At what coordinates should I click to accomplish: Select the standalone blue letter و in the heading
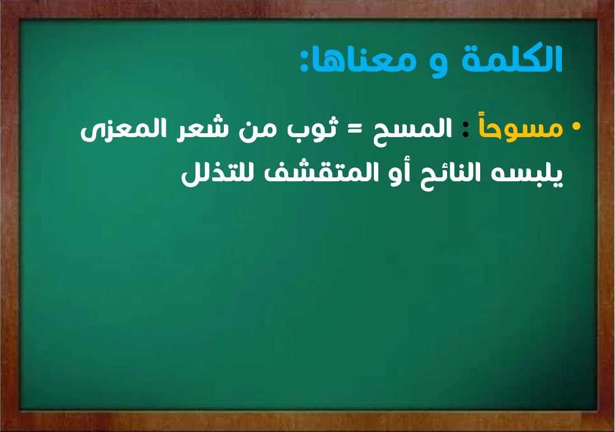click(x=439, y=65)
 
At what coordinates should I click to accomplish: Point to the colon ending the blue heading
click(x=305, y=60)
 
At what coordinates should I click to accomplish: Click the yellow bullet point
click(x=576, y=126)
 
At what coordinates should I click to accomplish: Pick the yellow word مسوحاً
click(x=521, y=128)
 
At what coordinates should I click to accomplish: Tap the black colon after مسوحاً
click(x=466, y=128)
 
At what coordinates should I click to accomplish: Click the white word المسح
click(x=412, y=130)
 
